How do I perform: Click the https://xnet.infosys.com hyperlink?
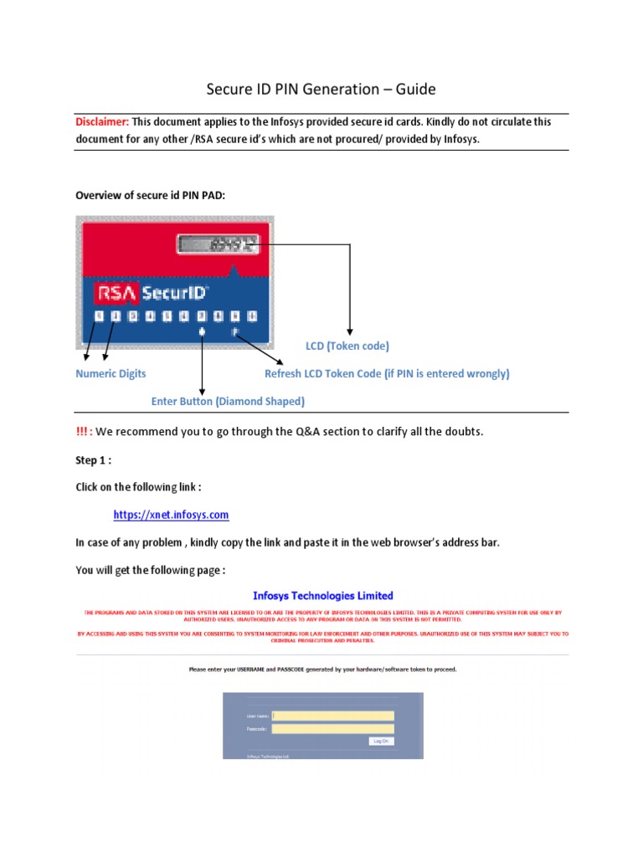[x=172, y=515]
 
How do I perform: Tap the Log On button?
[x=380, y=741]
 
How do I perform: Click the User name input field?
[x=332, y=716]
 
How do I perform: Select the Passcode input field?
[x=332, y=729]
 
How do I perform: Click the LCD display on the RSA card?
[x=219, y=244]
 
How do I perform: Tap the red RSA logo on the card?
[x=116, y=293]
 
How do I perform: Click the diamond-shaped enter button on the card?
[x=203, y=332]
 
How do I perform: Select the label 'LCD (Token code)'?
[x=347, y=346]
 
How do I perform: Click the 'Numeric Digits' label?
[x=111, y=374]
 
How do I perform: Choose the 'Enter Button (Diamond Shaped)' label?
[x=228, y=402]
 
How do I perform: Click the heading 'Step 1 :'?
[x=92, y=459]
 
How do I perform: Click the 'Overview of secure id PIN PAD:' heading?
[x=151, y=195]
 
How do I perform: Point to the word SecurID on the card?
[x=173, y=293]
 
